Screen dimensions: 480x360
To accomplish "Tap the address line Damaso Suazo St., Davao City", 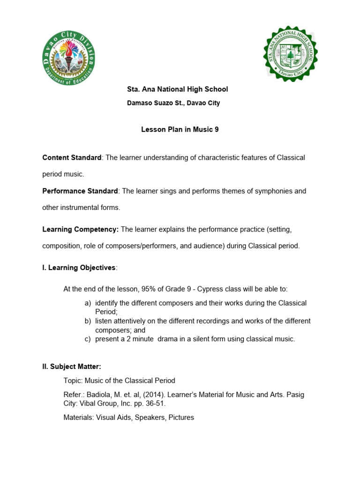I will (173, 103).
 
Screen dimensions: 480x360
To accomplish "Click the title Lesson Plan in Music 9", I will (180, 130).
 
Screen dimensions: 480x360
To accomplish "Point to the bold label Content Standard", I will (72, 157).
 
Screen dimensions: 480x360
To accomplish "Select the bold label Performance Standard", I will (80, 191).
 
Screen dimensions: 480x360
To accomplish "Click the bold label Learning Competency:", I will (81, 229).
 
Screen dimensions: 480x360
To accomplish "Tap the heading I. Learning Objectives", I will (79, 268).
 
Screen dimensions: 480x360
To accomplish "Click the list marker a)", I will (88, 303).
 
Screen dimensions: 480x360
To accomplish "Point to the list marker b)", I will (88, 321).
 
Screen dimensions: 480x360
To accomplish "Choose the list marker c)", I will (88, 339).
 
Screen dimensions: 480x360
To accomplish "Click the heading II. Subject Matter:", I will (72, 367).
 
